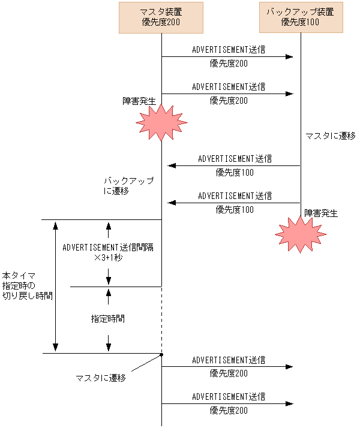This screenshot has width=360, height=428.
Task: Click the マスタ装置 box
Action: point(161,17)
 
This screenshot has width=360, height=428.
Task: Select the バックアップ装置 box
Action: point(300,17)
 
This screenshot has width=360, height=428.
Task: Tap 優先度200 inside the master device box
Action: point(161,23)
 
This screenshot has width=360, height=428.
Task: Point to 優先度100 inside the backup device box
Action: point(300,23)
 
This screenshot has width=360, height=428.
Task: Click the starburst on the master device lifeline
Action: point(160,122)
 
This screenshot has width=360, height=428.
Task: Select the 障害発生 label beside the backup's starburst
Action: point(321,213)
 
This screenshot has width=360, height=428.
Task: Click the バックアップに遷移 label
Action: point(120,186)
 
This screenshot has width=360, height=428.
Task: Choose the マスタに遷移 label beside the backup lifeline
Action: point(330,136)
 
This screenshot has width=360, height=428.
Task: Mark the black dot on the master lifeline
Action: point(161,355)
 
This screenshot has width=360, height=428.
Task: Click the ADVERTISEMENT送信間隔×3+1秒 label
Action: point(108,252)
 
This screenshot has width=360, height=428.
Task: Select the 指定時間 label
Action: point(108,319)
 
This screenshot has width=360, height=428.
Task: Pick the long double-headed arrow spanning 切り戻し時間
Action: point(55,287)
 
